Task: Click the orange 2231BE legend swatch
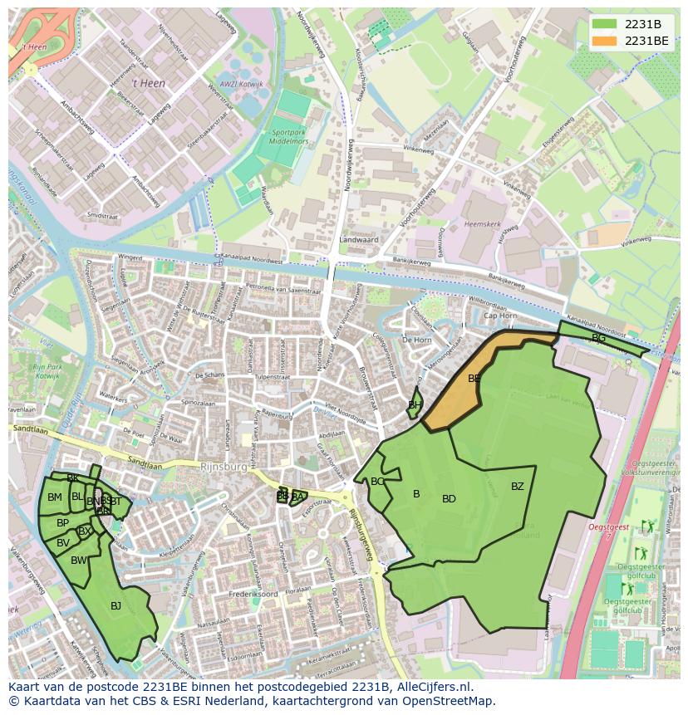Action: pyautogui.click(x=604, y=41)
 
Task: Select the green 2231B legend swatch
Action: pyautogui.click(x=604, y=24)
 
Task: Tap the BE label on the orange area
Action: pyautogui.click(x=474, y=379)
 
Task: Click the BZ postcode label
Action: pyautogui.click(x=518, y=487)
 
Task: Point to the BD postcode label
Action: pyautogui.click(x=449, y=499)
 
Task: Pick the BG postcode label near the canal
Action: pyautogui.click(x=598, y=338)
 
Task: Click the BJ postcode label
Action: pyautogui.click(x=115, y=606)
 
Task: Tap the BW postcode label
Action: pyautogui.click(x=78, y=561)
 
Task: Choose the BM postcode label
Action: pyautogui.click(x=54, y=497)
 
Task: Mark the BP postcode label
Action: pyautogui.click(x=62, y=523)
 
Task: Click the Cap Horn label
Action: pyautogui.click(x=500, y=316)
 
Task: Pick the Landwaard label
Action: pyautogui.click(x=358, y=240)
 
